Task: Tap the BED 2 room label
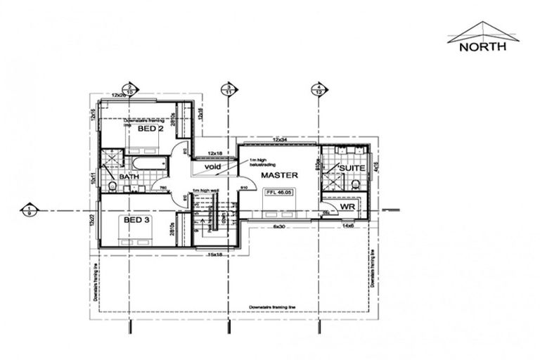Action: coord(150,129)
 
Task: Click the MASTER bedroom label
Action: coord(280,174)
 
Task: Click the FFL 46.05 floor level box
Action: coord(279,191)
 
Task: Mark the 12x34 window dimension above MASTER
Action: coord(281,141)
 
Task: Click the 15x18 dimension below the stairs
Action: coord(214,255)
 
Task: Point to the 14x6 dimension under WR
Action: coord(347,226)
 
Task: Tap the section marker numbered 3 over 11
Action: coord(228,89)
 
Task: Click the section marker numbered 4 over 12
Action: coord(319,89)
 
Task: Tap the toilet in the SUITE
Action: coord(355,184)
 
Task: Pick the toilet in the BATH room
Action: coord(112,186)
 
